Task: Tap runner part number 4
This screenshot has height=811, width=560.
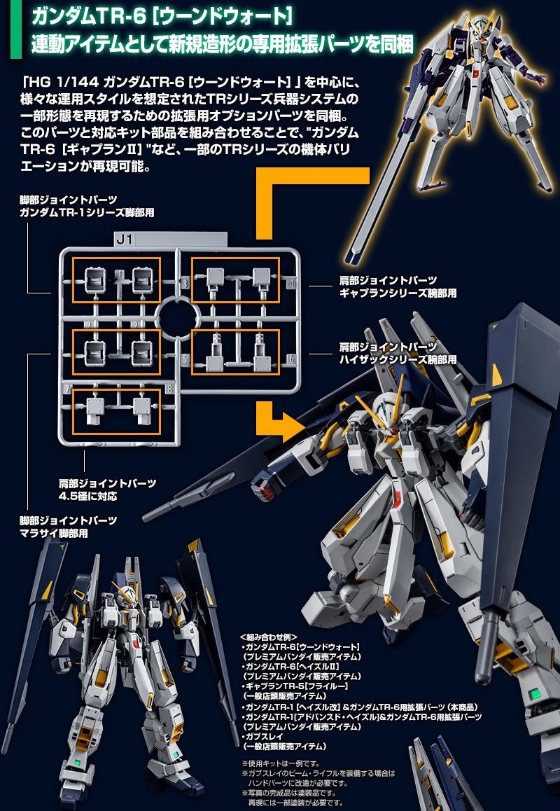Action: (290, 284)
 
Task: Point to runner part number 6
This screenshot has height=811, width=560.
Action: (290, 360)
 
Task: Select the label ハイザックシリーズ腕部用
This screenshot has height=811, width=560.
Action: (397, 359)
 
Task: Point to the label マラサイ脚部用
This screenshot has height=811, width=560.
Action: (59, 533)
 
